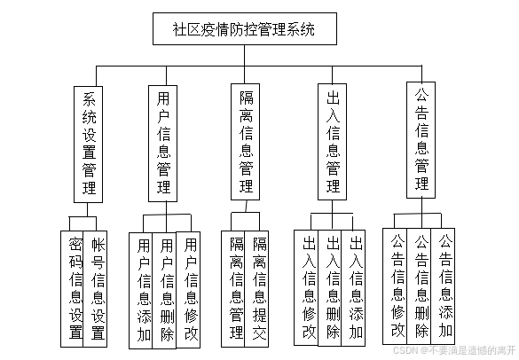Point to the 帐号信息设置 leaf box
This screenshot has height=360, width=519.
tap(97, 288)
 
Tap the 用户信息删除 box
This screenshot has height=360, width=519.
tap(166, 288)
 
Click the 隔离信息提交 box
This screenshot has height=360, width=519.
tap(259, 288)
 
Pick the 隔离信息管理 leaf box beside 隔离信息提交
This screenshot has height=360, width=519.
tap(236, 288)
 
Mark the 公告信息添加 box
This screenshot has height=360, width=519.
tap(445, 286)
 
